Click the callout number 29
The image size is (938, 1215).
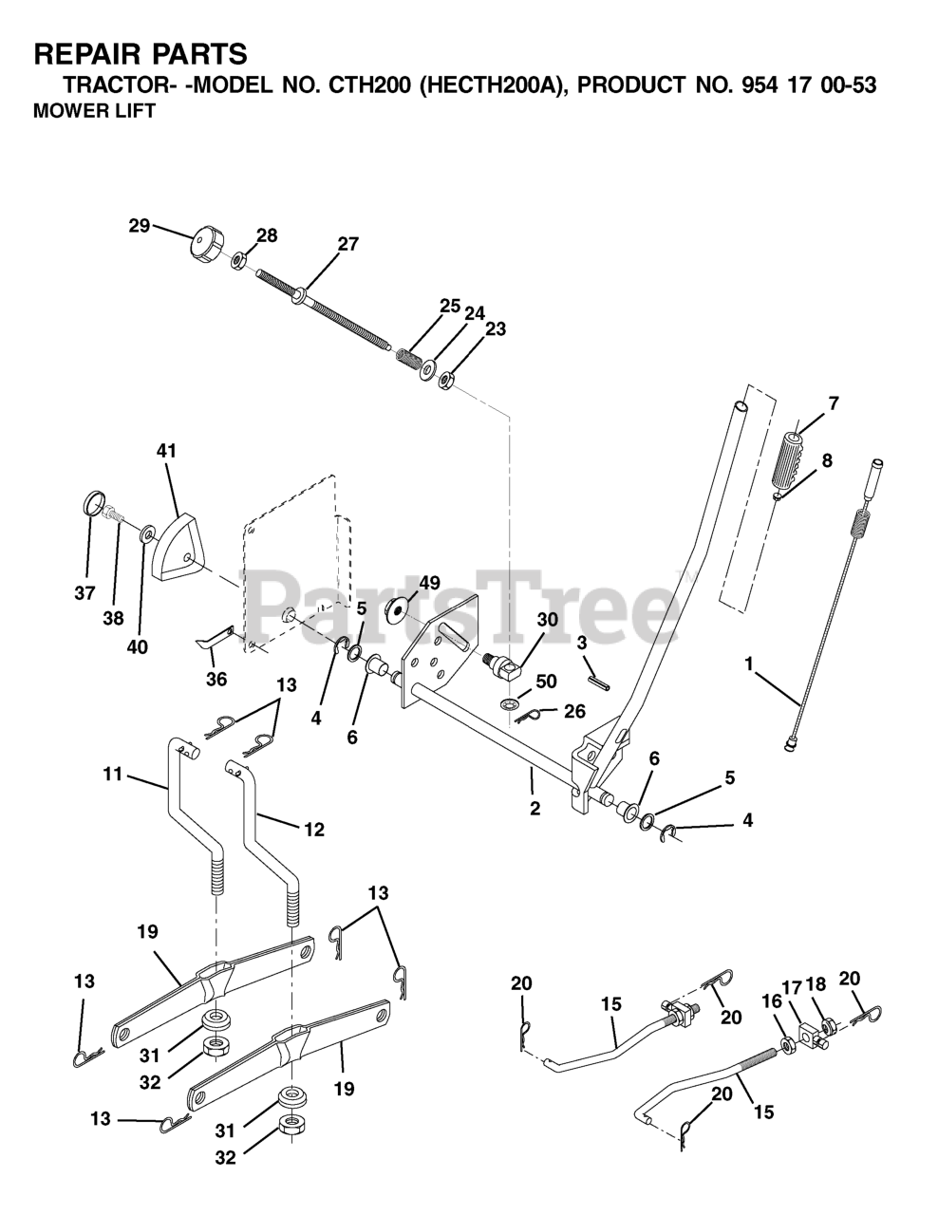pyautogui.click(x=139, y=226)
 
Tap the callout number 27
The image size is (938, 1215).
pyautogui.click(x=347, y=244)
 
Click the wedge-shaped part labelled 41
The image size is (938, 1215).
pyautogui.click(x=176, y=549)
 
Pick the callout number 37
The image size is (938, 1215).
pyautogui.click(x=84, y=593)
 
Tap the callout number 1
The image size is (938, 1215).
pyautogui.click(x=749, y=665)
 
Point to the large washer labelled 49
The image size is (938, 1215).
pyautogui.click(x=400, y=607)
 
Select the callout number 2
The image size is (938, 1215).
pyautogui.click(x=535, y=809)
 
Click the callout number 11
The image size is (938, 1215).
pyautogui.click(x=113, y=776)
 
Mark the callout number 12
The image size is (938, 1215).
pyautogui.click(x=313, y=829)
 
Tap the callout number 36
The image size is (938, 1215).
pyautogui.click(x=216, y=679)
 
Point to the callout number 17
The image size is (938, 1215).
pyautogui.click(x=791, y=986)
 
